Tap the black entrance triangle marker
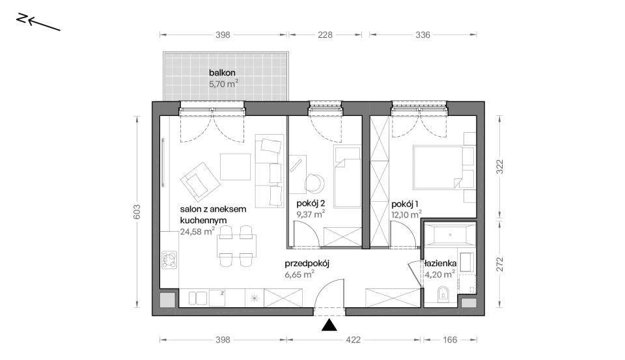click(329, 325)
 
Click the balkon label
click(222, 73)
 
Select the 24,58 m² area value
click(198, 231)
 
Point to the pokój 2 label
click(311, 204)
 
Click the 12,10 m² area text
click(406, 214)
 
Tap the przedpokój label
click(307, 264)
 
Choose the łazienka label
click(441, 264)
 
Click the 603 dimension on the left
click(137, 212)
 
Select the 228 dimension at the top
click(325, 35)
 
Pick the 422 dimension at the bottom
click(353, 340)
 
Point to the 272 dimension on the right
click(500, 264)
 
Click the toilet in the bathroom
click(443, 294)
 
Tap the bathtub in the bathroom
click(450, 235)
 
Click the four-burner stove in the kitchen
click(169, 260)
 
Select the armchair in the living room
click(200, 182)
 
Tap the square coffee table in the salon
click(235, 167)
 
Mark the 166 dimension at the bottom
click(450, 340)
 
